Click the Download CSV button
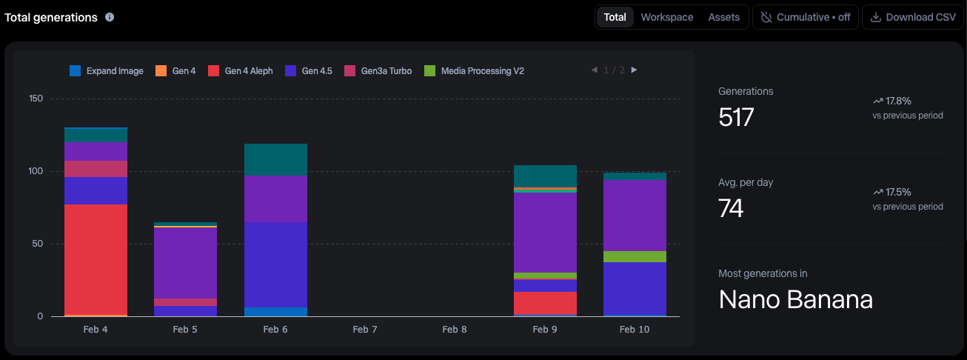(x=912, y=17)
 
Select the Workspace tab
(x=666, y=17)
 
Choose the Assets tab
(x=723, y=17)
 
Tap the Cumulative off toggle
(x=806, y=17)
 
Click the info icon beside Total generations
(x=110, y=17)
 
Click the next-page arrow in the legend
(x=634, y=70)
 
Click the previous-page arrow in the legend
(x=594, y=70)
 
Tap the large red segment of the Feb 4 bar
(x=96, y=259)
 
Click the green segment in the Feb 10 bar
(x=635, y=256)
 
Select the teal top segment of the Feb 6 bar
(x=275, y=159)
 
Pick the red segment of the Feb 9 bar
(x=545, y=302)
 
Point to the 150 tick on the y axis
(x=36, y=99)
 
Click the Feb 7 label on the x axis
(x=365, y=330)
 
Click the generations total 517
(x=736, y=117)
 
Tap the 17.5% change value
(x=897, y=192)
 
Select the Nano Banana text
(x=795, y=300)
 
